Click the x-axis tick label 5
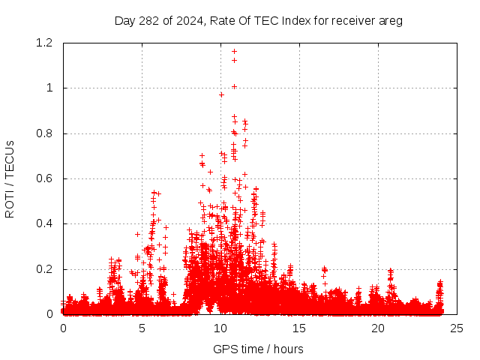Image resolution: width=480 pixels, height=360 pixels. point(142,328)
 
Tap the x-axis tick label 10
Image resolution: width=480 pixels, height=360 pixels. point(220,328)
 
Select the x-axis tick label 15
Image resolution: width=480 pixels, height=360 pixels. point(299,328)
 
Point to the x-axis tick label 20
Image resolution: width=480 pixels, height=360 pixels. point(378,328)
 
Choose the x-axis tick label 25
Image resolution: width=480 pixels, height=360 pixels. point(457,328)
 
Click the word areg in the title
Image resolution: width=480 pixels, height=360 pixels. point(391,21)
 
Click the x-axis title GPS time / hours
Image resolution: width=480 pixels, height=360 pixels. point(258,349)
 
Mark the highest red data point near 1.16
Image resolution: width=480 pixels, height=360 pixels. point(235,52)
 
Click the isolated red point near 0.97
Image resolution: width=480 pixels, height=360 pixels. point(221,94)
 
